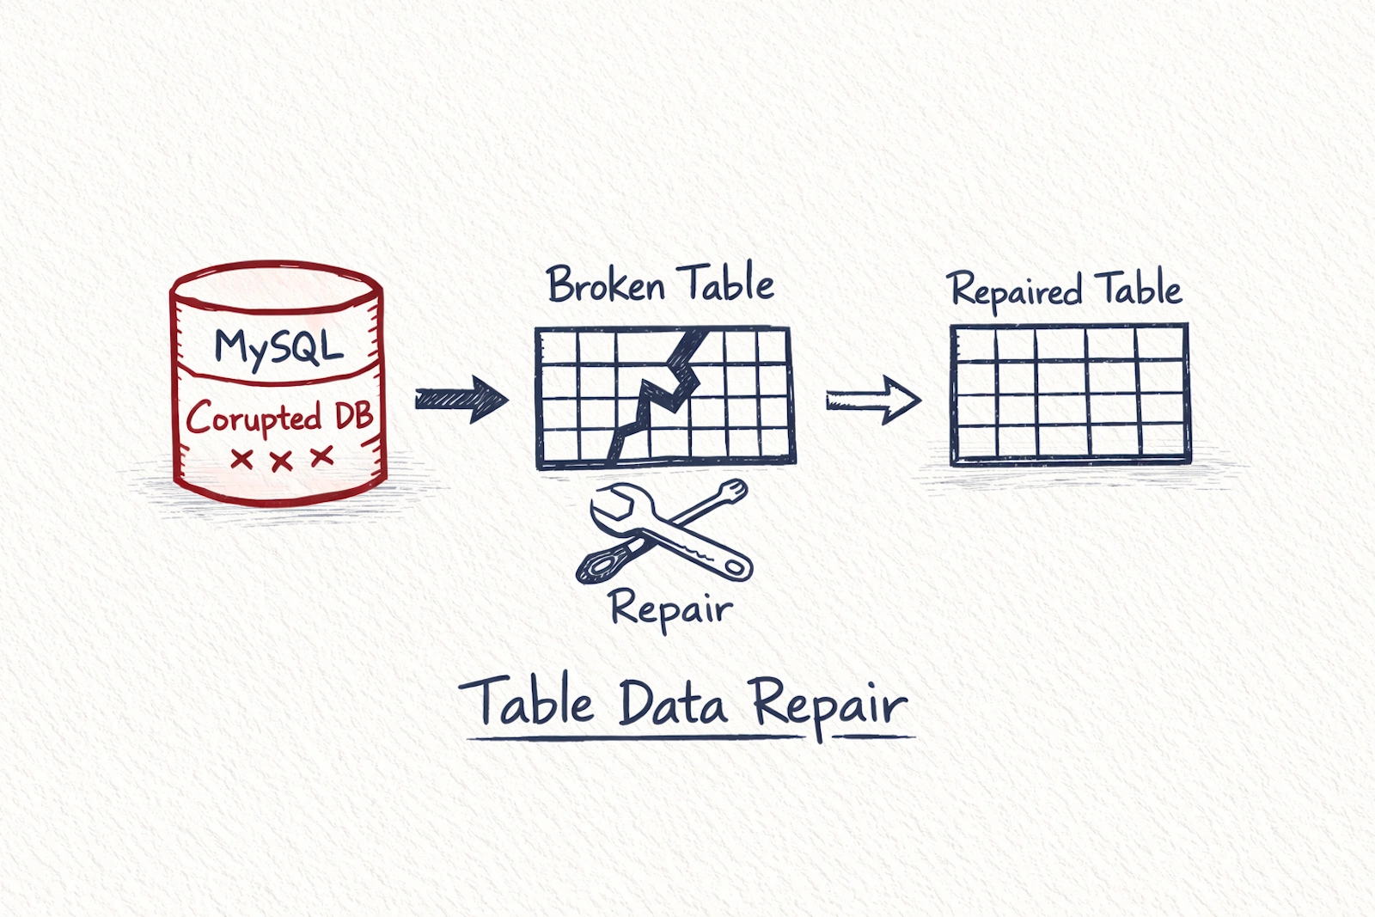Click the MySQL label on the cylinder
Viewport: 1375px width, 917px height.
278,346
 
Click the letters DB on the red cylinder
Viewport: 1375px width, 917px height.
353,417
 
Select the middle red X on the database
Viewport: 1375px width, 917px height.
281,461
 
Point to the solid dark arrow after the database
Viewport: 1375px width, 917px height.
461,399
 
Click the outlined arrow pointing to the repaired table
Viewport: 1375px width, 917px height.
872,400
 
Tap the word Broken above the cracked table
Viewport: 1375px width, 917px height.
606,284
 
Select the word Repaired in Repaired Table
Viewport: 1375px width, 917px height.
1015,290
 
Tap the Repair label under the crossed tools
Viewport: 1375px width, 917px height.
670,608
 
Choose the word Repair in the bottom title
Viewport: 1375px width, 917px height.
829,705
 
